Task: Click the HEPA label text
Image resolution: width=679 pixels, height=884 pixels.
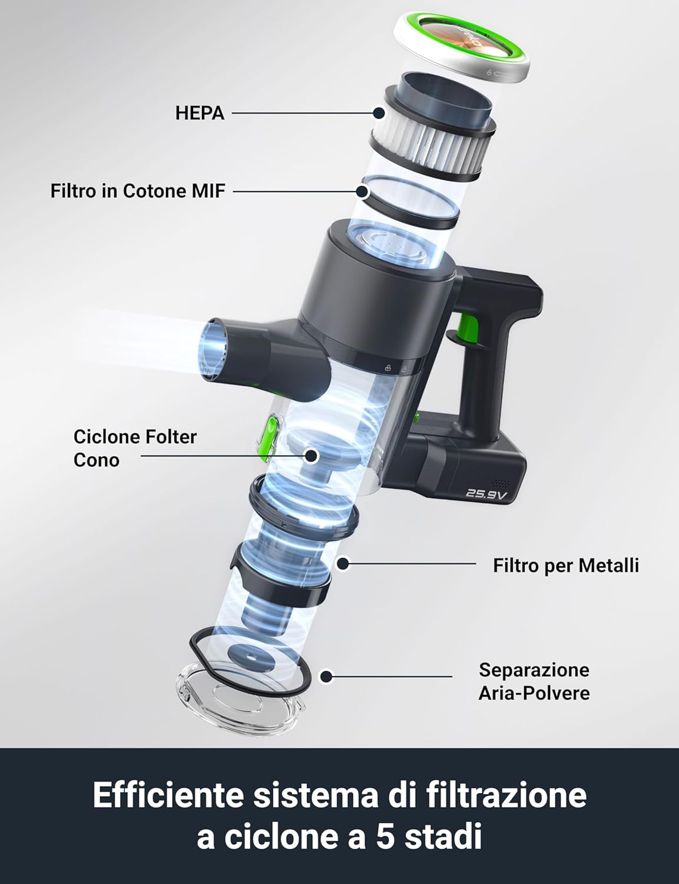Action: (x=200, y=113)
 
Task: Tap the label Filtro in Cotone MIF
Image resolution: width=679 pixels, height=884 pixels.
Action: (x=138, y=191)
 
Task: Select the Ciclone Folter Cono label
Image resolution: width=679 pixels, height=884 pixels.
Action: (x=135, y=448)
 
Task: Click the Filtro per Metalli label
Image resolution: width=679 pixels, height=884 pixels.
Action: (x=566, y=565)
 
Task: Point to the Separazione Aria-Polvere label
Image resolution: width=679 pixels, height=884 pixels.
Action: (x=534, y=681)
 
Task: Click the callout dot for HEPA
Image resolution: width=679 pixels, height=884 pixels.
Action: (x=379, y=113)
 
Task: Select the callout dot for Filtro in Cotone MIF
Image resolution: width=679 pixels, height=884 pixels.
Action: (x=362, y=191)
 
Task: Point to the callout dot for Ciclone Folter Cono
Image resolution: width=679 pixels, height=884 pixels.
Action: (x=312, y=456)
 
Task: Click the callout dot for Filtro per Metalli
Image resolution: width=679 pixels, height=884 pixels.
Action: (x=343, y=564)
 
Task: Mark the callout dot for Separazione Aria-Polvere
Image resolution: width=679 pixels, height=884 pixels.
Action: (x=326, y=677)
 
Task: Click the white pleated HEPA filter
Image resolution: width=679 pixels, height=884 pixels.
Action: (x=430, y=144)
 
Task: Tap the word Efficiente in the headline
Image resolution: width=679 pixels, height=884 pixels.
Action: (x=168, y=795)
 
